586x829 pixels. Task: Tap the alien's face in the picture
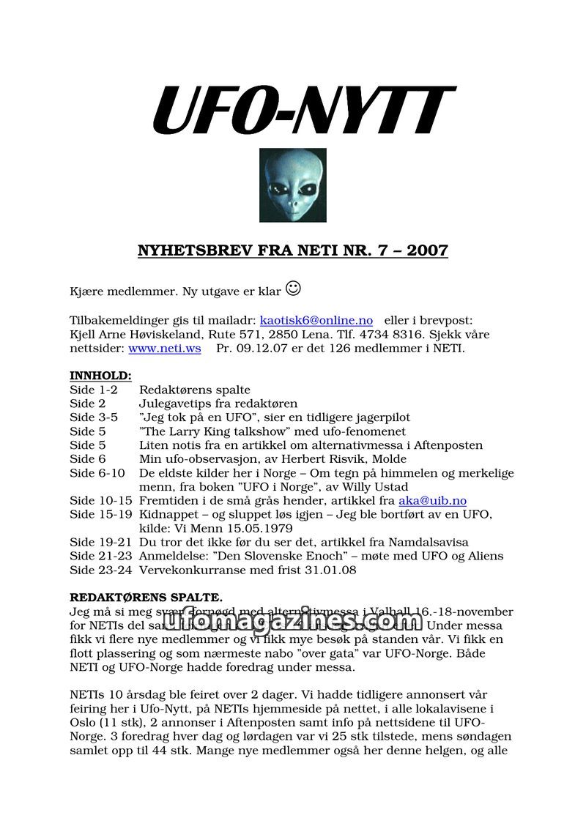293,185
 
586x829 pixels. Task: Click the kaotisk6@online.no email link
316,321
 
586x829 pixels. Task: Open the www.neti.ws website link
164,348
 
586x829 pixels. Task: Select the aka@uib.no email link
432,501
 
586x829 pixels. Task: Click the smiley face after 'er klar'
293,289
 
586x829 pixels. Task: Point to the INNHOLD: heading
100,376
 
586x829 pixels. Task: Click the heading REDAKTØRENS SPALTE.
146,598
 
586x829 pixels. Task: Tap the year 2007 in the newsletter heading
423,251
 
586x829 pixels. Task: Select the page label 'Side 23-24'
101,570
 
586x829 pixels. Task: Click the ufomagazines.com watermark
293,620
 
